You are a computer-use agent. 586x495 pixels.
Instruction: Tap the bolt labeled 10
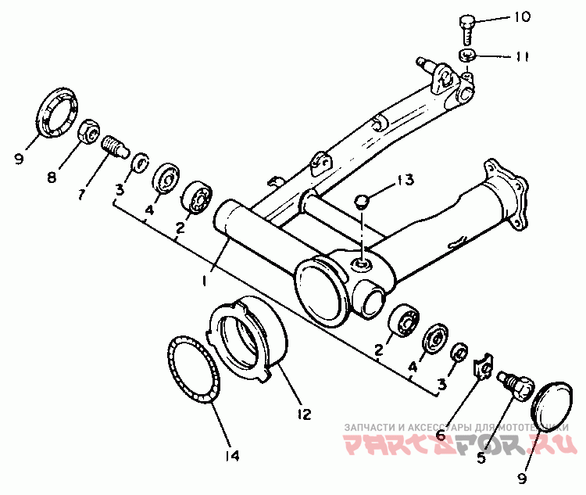466,28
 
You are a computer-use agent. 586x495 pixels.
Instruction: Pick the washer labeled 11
469,55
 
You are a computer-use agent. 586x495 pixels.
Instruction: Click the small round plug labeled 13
362,201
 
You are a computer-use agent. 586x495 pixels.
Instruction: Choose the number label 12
303,413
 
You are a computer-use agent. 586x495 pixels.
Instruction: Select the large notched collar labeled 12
248,336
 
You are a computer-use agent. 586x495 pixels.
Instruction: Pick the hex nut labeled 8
91,133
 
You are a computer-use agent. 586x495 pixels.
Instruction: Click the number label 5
481,459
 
